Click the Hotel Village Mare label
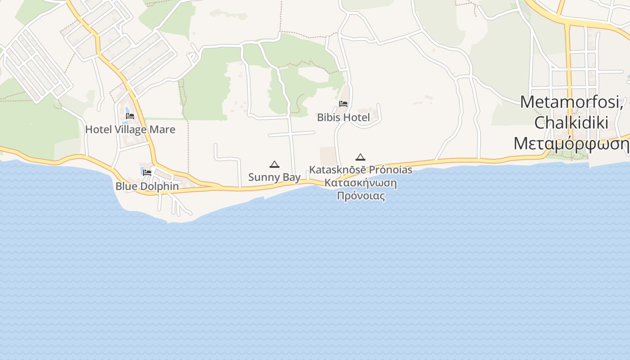click(x=130, y=130)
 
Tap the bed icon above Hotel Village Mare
click(x=130, y=116)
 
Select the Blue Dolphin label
click(x=147, y=186)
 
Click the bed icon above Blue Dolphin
click(x=147, y=172)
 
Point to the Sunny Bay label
click(x=274, y=177)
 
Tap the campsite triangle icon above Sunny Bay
click(x=274, y=164)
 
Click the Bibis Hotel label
click(x=343, y=117)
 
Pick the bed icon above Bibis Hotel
click(x=343, y=104)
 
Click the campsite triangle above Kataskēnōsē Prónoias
click(x=360, y=157)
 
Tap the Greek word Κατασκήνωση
click(x=360, y=183)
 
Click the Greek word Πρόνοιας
click(x=361, y=196)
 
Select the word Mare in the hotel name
click(x=163, y=130)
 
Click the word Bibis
click(x=329, y=117)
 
